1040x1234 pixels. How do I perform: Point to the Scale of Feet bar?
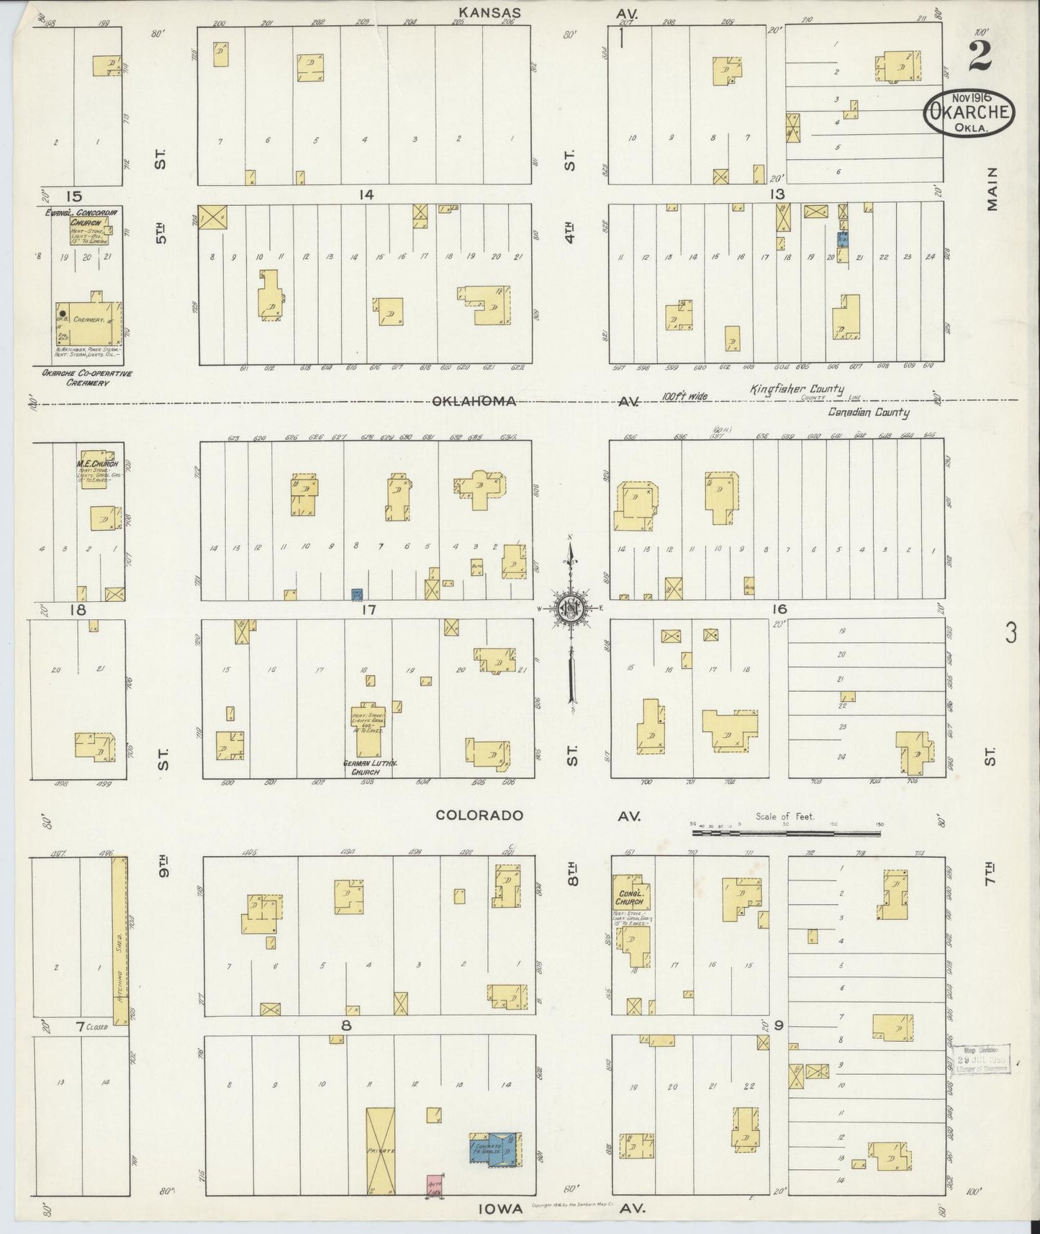coord(786,833)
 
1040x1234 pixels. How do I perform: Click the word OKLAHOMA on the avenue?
coord(474,401)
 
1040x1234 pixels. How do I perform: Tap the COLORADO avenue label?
coord(479,816)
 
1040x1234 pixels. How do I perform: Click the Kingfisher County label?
coord(797,389)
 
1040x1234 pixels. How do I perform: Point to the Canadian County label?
coord(868,413)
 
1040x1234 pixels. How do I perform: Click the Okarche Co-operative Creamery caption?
coord(75,379)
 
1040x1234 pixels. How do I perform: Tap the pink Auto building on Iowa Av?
coord(433,1184)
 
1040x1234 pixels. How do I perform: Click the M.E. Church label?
coord(98,463)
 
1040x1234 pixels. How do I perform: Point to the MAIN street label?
coord(992,189)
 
